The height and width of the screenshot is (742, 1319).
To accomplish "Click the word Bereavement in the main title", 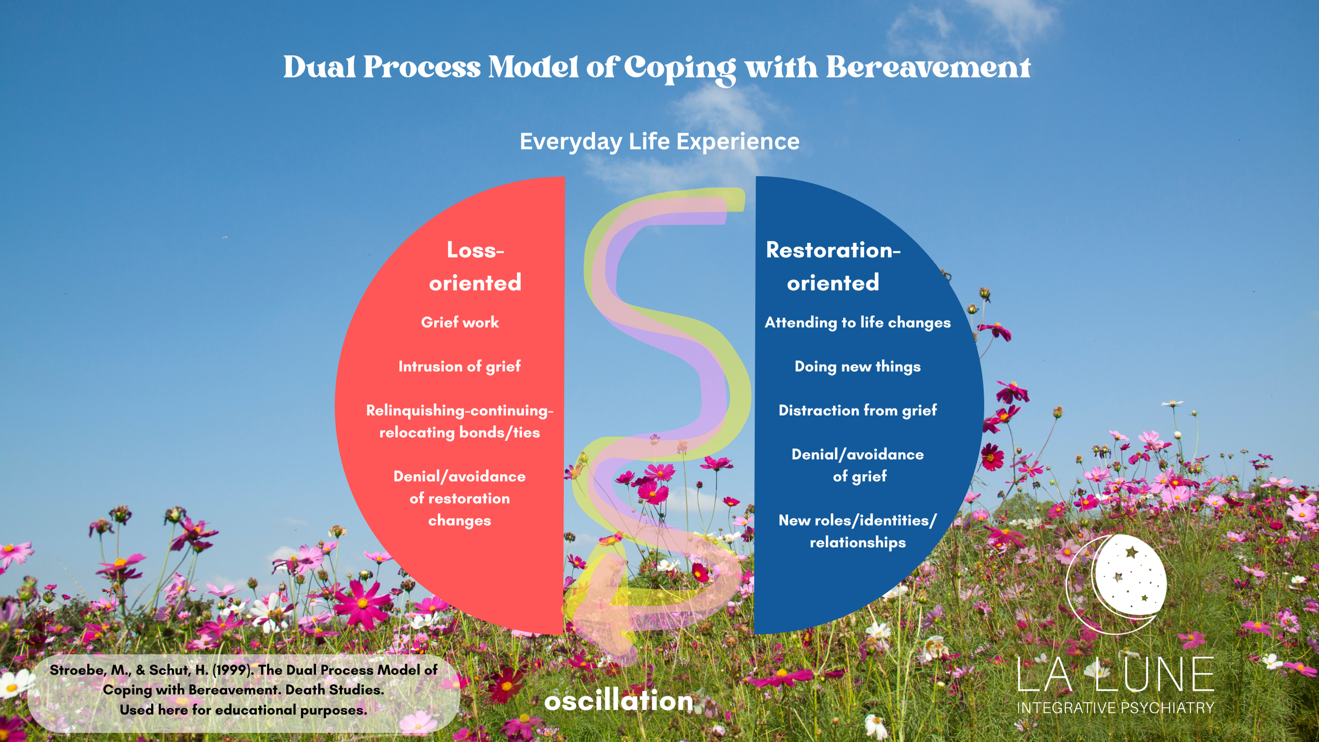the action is [x=928, y=68].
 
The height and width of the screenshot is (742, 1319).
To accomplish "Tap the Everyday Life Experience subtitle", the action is [x=659, y=141].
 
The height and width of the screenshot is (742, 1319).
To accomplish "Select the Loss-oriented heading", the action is [x=475, y=267].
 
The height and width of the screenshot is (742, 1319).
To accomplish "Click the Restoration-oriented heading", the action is [x=833, y=267].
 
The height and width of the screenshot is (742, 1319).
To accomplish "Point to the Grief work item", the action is [x=460, y=322].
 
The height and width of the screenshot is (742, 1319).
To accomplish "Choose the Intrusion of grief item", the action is [x=460, y=366].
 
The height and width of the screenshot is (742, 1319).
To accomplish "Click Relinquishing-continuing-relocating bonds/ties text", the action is [x=460, y=421].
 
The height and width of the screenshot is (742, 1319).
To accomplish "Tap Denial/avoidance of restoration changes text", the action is [x=460, y=498].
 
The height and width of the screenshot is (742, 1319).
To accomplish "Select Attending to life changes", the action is [x=857, y=322].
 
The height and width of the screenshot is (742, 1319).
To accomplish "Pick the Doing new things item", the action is [x=857, y=366].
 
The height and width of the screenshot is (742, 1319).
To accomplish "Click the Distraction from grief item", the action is [x=857, y=410].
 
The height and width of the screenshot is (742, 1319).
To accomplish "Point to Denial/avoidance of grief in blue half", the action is [x=857, y=465].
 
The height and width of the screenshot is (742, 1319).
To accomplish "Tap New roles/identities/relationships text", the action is [x=857, y=531].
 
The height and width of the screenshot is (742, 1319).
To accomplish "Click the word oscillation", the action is [x=618, y=701].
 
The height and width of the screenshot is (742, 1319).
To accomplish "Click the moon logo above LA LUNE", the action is [x=1119, y=583].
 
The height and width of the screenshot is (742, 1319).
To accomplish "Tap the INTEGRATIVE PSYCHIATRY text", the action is [x=1115, y=708].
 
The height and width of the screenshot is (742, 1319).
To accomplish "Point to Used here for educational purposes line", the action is [x=243, y=710].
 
